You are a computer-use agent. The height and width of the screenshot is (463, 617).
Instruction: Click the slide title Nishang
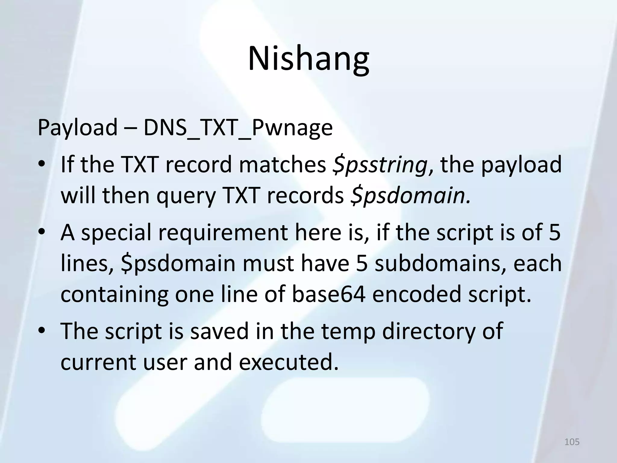308,59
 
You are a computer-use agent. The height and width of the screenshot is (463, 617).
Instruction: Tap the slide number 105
572,442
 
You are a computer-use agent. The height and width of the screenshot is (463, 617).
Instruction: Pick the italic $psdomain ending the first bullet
410,196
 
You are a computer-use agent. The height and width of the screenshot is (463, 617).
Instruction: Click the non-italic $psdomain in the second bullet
178,263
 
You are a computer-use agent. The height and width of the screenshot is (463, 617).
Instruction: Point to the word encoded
417,294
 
